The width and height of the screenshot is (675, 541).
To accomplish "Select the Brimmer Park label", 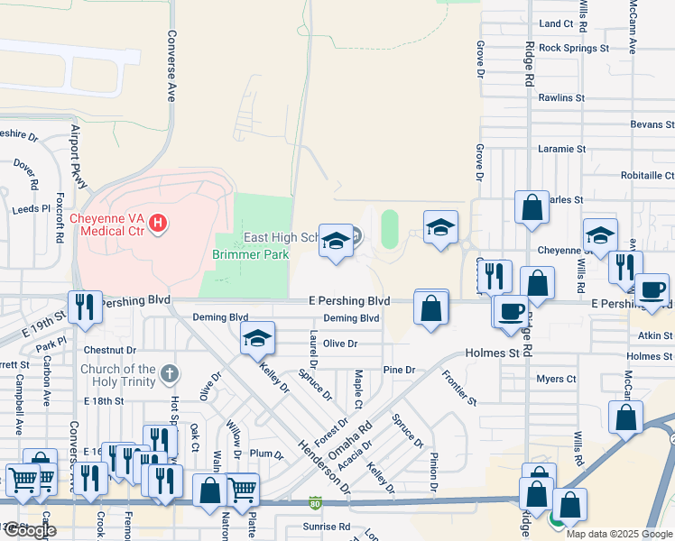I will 250,255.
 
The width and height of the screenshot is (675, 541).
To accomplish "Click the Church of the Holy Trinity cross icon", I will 170,373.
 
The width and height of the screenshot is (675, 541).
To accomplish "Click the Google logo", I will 30,530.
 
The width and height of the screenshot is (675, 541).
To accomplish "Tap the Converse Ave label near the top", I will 171,68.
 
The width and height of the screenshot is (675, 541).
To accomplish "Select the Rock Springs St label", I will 574,48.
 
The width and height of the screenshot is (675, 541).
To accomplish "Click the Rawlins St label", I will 562,97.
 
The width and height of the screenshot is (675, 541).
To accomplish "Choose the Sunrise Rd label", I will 326,527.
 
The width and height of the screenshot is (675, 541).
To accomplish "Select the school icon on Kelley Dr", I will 257,338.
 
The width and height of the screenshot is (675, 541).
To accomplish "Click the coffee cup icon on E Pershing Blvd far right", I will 652,290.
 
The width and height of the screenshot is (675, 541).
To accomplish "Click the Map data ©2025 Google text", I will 619,534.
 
